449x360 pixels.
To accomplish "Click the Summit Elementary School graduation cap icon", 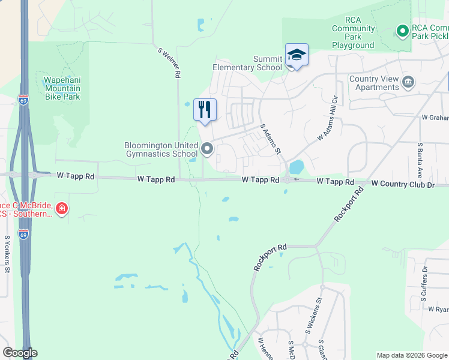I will [297, 55].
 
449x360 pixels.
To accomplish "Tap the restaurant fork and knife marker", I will [205, 110].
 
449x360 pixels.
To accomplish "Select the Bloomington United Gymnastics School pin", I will [208, 148].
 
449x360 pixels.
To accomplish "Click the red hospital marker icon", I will [61, 209].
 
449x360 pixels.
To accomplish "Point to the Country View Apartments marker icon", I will [408, 82].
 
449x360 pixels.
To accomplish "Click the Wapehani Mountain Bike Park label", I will [62, 88].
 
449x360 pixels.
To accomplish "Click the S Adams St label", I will [271, 139].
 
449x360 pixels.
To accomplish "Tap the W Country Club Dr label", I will [402, 184].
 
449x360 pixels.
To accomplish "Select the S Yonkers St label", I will [7, 254].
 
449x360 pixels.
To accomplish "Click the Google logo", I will [20, 353].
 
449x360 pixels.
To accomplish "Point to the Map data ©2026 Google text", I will [411, 355].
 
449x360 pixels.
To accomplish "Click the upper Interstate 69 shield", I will [23, 100].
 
